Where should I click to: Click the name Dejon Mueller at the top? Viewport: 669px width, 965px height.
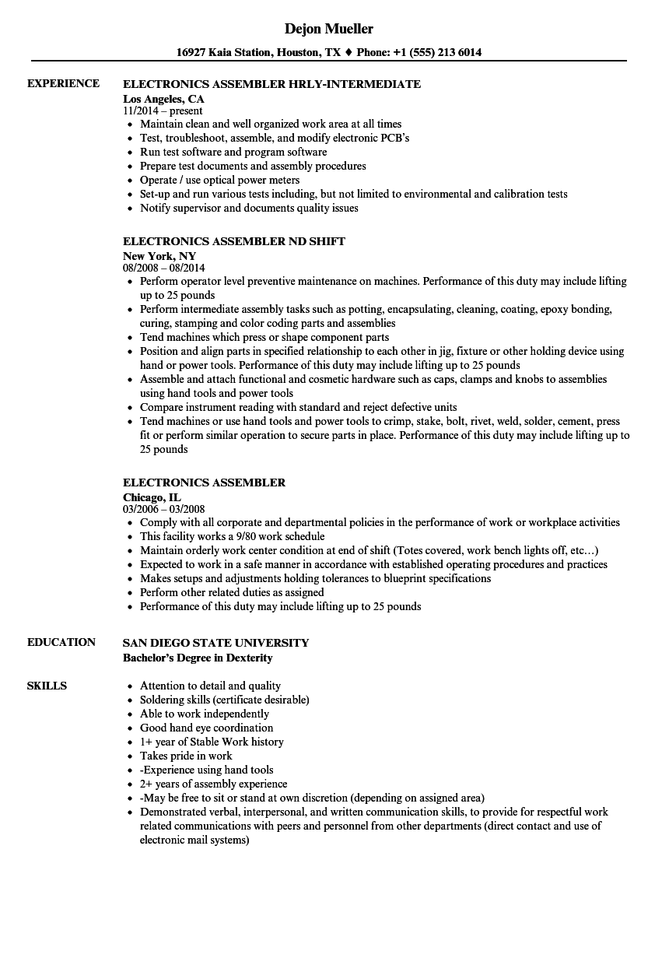tap(328, 29)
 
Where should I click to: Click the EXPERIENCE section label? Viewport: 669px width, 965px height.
tap(63, 83)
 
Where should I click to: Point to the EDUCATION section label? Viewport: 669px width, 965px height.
tap(61, 642)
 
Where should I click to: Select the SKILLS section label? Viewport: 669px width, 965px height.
tap(47, 686)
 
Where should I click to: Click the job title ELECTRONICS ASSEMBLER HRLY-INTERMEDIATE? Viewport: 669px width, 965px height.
tap(271, 84)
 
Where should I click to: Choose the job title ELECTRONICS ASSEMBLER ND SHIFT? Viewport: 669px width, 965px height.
tap(233, 241)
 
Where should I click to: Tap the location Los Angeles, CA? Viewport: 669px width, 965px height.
tap(163, 99)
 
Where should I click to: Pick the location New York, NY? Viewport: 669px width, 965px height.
tap(159, 256)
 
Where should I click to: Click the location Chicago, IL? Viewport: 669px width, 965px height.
tap(152, 497)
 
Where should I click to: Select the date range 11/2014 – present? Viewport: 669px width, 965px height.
tap(163, 111)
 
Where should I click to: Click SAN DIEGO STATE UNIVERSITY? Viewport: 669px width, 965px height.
tap(215, 643)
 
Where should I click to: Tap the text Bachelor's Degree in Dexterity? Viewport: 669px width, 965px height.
tap(198, 658)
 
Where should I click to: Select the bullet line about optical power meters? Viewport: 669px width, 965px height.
tap(219, 180)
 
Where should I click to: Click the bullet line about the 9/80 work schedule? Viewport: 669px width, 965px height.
tap(232, 536)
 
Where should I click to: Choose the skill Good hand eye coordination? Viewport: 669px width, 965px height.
tap(206, 728)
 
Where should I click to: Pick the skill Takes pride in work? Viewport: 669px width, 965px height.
tap(186, 756)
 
